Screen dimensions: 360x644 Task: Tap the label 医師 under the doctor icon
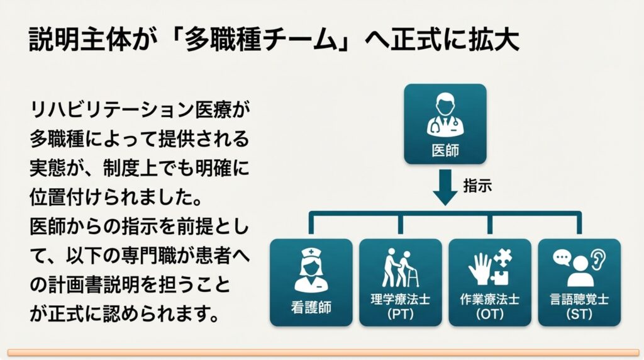pos(445,151)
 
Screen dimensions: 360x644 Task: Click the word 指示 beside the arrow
pos(477,185)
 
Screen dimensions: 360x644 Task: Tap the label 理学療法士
pos(400,300)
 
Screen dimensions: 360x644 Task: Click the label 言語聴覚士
pos(579,300)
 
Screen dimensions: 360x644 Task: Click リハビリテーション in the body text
pos(116,111)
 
